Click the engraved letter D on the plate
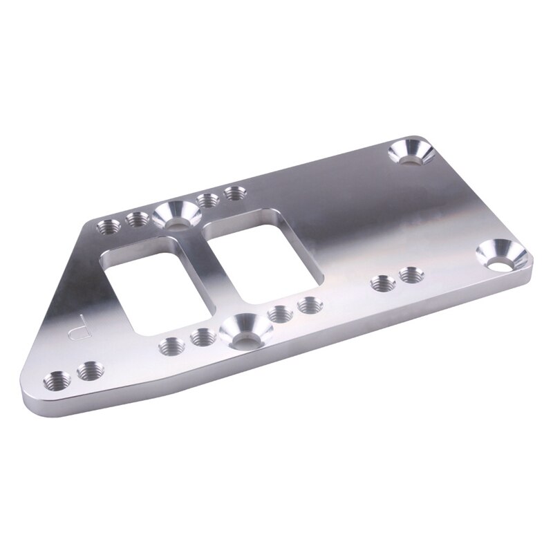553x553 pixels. point(80,324)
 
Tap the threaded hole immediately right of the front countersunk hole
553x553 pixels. point(278,313)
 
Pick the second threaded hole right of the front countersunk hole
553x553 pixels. point(307,304)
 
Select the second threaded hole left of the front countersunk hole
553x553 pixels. point(171,345)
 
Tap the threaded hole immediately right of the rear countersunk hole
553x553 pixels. point(207,201)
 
